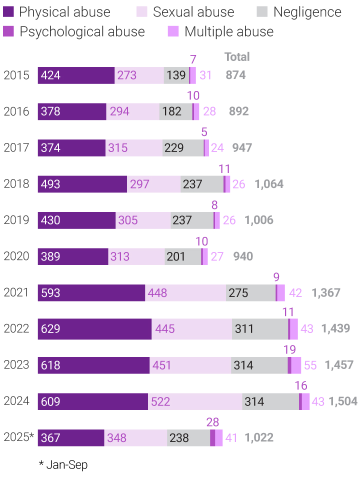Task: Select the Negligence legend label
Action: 307,12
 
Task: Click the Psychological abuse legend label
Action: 82,32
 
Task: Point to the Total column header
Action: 237,57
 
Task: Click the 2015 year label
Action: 16,75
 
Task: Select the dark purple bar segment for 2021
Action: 91,293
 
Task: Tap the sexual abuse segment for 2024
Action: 195,401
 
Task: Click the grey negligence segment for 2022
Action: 260,329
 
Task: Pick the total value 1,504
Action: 343,401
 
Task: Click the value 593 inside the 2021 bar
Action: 50,293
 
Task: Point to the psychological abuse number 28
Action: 212,422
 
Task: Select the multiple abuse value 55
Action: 310,365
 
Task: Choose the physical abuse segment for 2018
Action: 82,184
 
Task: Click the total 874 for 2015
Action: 235,75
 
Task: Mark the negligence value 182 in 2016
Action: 172,111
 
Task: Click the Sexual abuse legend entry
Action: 193,12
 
